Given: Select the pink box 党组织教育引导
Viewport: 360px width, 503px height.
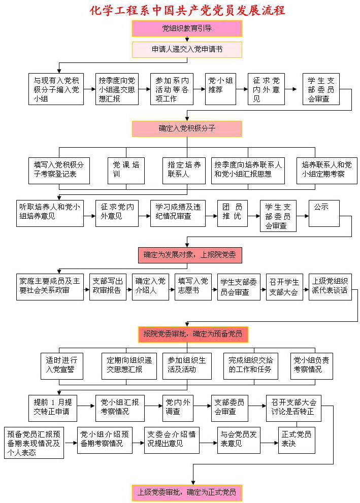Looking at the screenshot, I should coord(187,28).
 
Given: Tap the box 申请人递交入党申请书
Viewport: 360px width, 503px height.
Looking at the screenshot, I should coord(187,50).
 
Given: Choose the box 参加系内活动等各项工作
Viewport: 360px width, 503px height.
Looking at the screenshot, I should coord(172,89).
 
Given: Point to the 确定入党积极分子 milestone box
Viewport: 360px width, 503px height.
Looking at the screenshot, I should coord(187,128).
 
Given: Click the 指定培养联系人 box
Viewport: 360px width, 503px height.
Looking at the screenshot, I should coord(184,170).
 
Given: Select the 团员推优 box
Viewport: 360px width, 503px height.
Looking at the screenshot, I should coord(232,213).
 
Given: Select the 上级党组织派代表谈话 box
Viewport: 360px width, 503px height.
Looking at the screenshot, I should coord(330,287).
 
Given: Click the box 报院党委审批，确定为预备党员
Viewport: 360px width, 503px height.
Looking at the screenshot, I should coord(193,334).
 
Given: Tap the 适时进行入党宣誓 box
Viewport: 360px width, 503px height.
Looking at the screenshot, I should coord(62,365).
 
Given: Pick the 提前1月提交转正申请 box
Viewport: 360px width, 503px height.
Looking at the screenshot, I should coord(53,407).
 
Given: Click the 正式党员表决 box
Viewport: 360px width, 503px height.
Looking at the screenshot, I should coord(297,439).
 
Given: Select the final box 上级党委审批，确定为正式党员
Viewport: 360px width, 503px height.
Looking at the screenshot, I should coord(187,492).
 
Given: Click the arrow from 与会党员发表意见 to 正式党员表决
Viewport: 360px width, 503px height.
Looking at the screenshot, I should coord(270,442).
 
